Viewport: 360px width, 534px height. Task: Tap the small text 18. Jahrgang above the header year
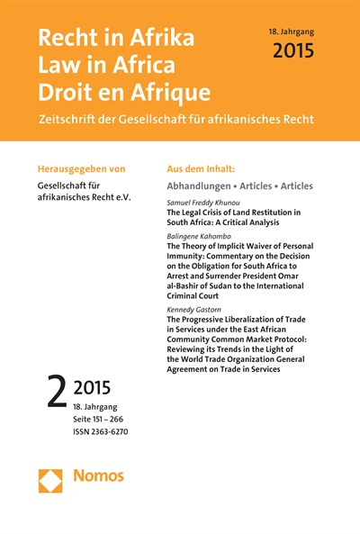(294, 31)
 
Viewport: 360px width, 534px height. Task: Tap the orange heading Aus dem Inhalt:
(205, 167)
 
